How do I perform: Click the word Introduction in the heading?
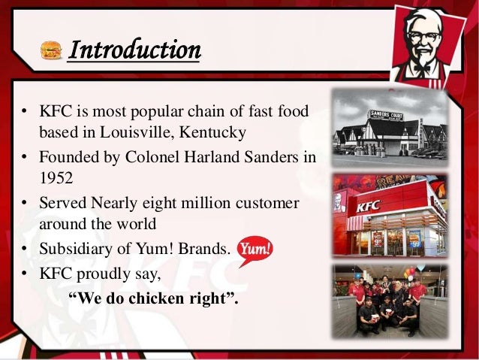click(134, 50)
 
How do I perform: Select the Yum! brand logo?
click(255, 249)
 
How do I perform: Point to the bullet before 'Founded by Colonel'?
click(26, 160)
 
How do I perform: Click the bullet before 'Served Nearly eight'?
click(26, 205)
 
